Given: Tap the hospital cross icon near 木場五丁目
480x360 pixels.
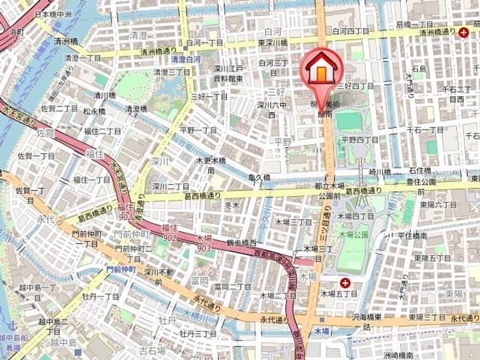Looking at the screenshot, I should coord(345,283).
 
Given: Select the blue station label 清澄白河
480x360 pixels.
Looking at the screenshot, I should coord(177,58).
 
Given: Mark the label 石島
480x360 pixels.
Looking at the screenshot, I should coord(419,69).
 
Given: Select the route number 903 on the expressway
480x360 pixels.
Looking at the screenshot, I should coord(203,248).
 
